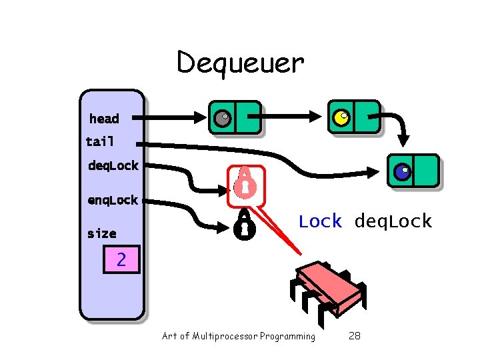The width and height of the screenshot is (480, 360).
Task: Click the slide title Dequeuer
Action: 240,63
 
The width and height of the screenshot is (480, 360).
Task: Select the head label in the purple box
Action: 104,119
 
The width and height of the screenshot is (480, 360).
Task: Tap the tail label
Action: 100,141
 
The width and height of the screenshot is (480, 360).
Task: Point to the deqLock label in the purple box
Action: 113,165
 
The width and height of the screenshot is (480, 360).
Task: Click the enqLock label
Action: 113,200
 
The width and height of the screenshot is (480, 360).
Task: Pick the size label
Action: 101,233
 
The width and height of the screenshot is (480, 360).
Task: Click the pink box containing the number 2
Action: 121,259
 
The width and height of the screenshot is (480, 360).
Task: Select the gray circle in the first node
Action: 222,119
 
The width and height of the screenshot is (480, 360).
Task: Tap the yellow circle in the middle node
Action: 341,119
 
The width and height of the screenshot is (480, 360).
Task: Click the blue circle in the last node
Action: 402,172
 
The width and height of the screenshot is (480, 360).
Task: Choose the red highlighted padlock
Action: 245,183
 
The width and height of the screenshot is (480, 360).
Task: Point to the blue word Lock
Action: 320,221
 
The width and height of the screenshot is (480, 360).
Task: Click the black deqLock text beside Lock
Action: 393,221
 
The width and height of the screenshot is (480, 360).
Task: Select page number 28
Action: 354,336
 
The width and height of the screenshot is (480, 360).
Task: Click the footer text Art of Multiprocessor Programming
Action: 238,336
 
